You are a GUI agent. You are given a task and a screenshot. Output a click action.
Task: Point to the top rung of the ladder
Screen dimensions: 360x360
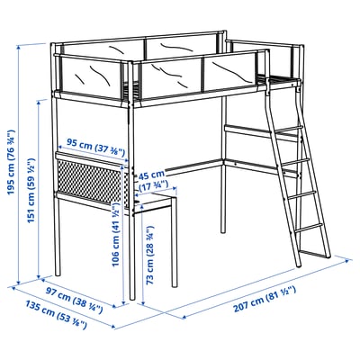coord(287,133)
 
